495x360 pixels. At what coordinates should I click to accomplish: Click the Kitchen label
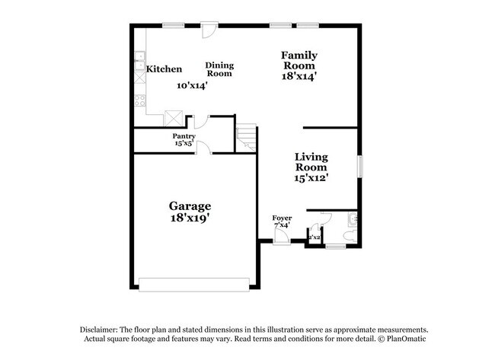click(164, 69)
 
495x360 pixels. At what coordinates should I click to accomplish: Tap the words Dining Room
click(219, 69)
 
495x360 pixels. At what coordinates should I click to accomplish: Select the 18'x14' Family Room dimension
click(299, 76)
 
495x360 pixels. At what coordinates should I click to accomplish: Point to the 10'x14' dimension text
click(192, 86)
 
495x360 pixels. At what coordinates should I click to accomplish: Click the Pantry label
click(184, 136)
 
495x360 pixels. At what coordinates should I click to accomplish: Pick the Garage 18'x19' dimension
click(190, 218)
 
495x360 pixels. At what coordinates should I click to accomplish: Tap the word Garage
click(190, 205)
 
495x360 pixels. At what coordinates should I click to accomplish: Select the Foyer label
click(282, 218)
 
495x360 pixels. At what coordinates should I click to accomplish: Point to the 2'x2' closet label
click(314, 238)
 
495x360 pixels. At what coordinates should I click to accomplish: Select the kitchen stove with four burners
click(139, 100)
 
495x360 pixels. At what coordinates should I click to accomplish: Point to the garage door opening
click(193, 285)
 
